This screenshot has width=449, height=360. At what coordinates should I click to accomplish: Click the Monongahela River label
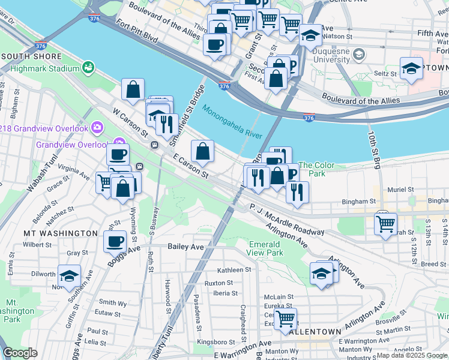point(232,122)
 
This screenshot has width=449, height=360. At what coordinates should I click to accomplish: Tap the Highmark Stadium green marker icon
point(89,68)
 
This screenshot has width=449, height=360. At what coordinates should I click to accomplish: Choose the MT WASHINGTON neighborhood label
point(60,233)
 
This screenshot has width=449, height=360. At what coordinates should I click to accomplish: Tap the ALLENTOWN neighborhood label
point(315,331)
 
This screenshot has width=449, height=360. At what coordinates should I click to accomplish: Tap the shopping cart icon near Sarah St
point(385,224)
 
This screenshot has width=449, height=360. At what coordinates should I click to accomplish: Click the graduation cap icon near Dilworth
point(69,275)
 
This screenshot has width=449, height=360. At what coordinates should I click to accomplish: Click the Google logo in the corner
point(20,353)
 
